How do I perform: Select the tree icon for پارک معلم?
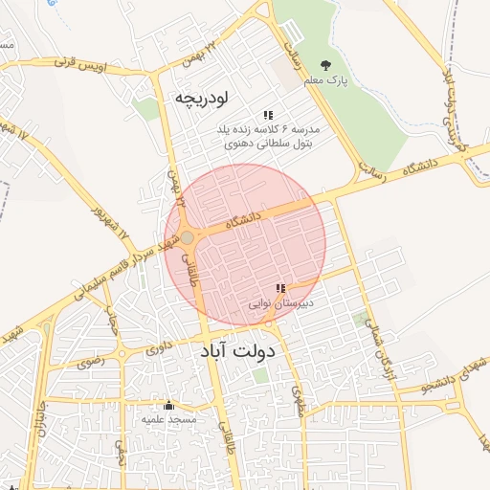[326, 65]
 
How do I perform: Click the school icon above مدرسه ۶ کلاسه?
[268, 114]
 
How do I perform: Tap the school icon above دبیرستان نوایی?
[280, 288]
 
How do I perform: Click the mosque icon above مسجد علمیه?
[169, 405]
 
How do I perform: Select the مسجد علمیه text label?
[169, 419]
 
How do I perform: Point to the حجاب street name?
[113, 325]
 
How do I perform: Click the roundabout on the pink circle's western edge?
[188, 238]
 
